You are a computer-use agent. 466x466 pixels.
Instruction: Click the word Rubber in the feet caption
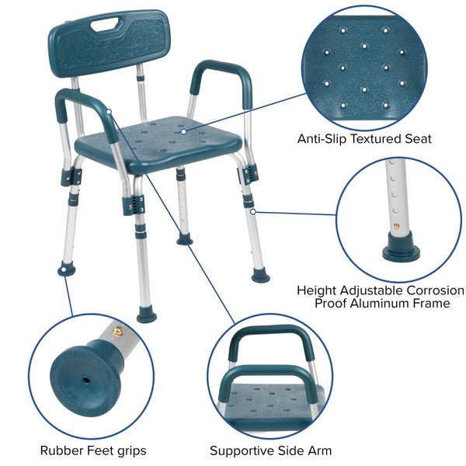(59, 450)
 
